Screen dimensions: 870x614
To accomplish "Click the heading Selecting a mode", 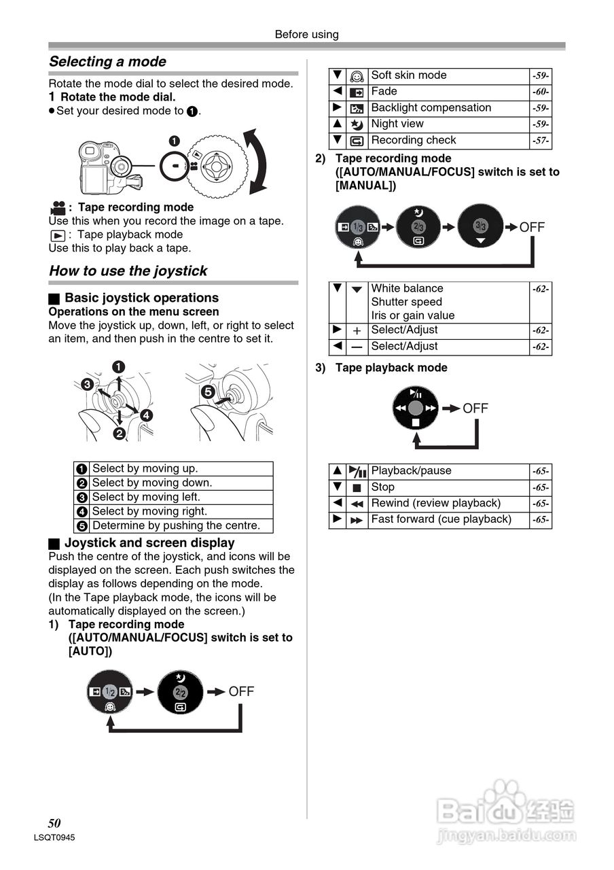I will coord(107,62).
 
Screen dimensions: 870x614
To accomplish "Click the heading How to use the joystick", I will coord(128,271).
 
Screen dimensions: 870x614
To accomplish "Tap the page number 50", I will coord(54,823).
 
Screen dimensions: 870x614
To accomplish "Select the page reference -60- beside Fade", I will coord(541,92).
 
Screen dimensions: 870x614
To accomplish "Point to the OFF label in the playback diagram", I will coord(475,408).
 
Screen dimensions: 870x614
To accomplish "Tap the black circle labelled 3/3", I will coord(481,226).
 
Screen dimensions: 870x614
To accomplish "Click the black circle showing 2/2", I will coord(180,692).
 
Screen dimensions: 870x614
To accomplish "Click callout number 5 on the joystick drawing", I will coord(208,391).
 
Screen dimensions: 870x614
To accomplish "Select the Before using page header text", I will coord(306,35).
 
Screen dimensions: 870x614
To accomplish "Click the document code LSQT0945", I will coord(54,838).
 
